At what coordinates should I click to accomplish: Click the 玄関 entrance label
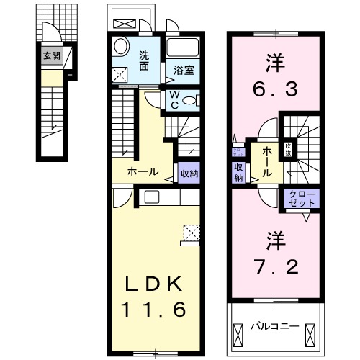coord(50,55)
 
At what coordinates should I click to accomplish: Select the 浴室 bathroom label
coord(183,71)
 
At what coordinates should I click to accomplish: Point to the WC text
coord(175,99)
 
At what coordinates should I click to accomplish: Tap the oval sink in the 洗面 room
coord(121,45)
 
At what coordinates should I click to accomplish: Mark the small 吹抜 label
coord(287,148)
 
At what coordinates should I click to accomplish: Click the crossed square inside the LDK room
coord(192,232)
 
